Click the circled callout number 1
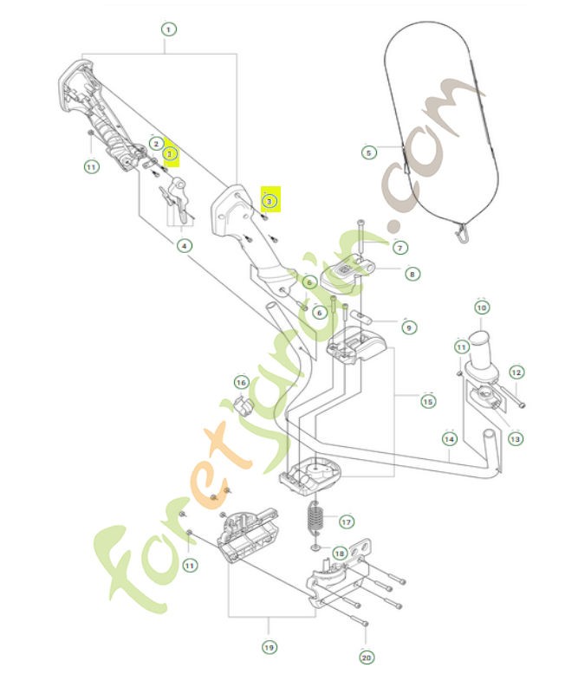pyautogui.click(x=168, y=29)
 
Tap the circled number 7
pyautogui.click(x=399, y=248)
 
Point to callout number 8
pyautogui.click(x=412, y=274)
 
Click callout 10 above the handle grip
pyautogui.click(x=483, y=308)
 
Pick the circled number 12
pyautogui.click(x=516, y=372)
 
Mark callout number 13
pyautogui.click(x=516, y=438)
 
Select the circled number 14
pyautogui.click(x=450, y=439)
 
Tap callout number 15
pyautogui.click(x=428, y=401)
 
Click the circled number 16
pyautogui.click(x=242, y=382)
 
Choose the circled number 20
pyautogui.click(x=366, y=658)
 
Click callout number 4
pyautogui.click(x=184, y=246)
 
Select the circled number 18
pyautogui.click(x=339, y=553)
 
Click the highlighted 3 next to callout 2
pyautogui.click(x=171, y=154)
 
